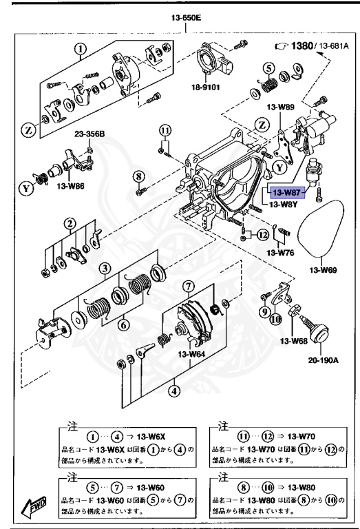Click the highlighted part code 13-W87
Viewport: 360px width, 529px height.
tap(286, 193)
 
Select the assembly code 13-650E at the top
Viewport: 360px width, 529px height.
tap(186, 17)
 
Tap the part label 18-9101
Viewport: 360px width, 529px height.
tap(205, 87)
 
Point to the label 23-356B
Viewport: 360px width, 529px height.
tap(89, 134)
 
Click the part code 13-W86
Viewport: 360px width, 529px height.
tap(70, 186)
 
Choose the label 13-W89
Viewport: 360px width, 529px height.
tap(280, 107)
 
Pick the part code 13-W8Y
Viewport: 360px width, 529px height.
tap(284, 204)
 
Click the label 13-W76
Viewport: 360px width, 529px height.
tap(280, 252)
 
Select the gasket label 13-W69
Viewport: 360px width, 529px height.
tap(323, 270)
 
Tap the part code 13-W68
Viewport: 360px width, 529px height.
tap(294, 341)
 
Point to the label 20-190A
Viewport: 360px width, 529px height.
tap(324, 360)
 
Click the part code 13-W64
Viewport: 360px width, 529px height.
tap(191, 354)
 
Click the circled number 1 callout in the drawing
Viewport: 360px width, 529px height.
tap(81, 50)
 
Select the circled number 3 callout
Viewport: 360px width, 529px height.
tap(105, 269)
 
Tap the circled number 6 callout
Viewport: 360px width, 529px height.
tap(124, 325)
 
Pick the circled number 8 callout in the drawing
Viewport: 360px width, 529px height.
tap(138, 176)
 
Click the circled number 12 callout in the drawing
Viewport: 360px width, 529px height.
tap(262, 234)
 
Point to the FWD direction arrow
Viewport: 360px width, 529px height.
tap(34, 507)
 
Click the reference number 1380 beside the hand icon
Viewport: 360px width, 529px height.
tap(301, 45)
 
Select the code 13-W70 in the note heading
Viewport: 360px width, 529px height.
tap(301, 437)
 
